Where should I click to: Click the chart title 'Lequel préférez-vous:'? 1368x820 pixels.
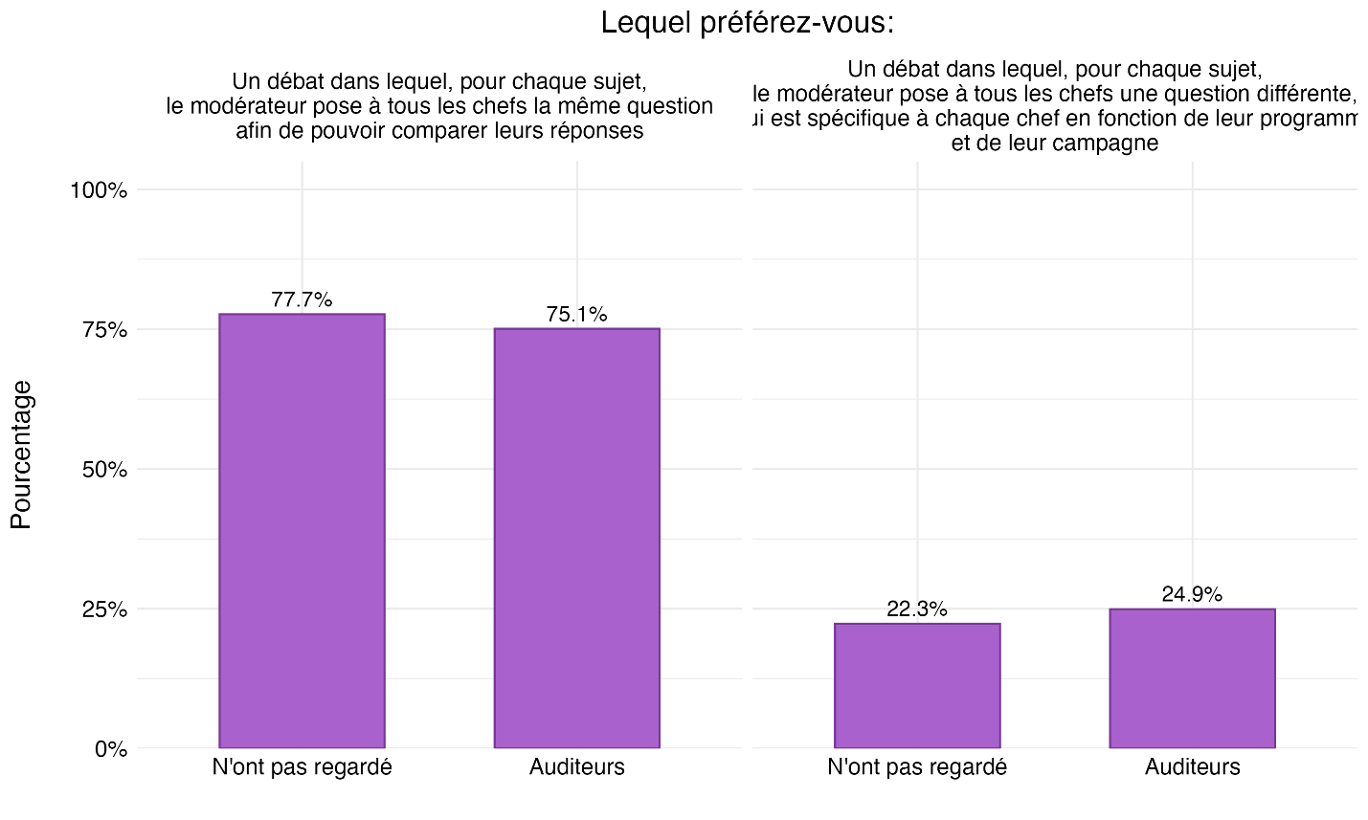(747, 23)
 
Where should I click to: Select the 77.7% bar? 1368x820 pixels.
(302, 530)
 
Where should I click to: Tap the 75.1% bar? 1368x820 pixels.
(576, 538)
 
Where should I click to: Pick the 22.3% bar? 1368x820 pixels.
(917, 685)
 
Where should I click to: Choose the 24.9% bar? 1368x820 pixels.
(1192, 677)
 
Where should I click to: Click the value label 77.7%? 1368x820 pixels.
(302, 299)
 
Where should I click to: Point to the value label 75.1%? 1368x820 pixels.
(576, 315)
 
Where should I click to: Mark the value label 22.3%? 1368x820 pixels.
(917, 609)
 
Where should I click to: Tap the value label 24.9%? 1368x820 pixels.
(1192, 594)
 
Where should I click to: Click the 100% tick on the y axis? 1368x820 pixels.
(99, 190)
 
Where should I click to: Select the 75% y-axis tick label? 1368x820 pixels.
(104, 330)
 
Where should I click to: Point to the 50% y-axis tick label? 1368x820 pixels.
(104, 470)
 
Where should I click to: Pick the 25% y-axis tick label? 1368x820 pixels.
(104, 609)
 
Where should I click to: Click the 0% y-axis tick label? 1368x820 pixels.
(110, 749)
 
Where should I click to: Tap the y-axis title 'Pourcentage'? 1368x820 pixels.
(21, 454)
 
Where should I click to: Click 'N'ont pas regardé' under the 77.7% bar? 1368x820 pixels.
(302, 767)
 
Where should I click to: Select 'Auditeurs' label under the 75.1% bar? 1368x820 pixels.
(576, 767)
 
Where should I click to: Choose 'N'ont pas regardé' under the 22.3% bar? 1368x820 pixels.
(917, 767)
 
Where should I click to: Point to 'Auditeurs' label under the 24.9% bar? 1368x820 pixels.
(1192, 767)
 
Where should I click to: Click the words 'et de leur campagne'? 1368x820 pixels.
(1055, 144)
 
